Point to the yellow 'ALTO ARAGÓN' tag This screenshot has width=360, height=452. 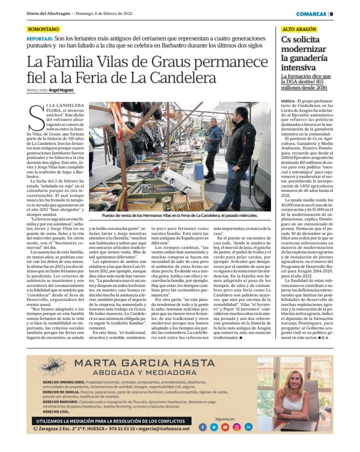point(298,30)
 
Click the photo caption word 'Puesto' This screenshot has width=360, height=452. point(112,215)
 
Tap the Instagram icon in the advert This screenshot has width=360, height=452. point(237,427)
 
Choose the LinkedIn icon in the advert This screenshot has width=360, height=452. point(248,427)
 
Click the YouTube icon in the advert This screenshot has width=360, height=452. point(225,427)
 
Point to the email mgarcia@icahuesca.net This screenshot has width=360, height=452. point(165,428)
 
